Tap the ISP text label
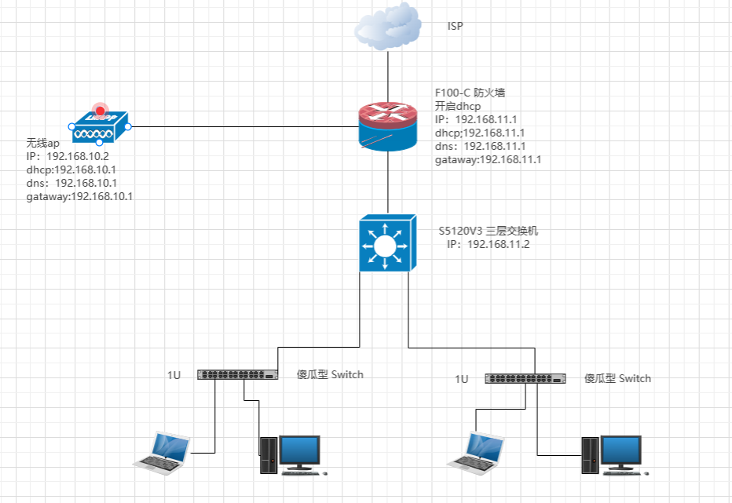pos(455,27)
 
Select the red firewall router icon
pos(388,127)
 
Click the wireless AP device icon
pos(99,128)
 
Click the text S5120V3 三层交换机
pos(489,231)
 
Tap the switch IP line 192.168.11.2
pos(489,245)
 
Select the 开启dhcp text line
pos(458,106)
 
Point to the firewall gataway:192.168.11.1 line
pos(488,159)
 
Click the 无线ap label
pos(43,143)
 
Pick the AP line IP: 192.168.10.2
pos(67,156)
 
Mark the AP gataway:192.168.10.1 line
pos(79,196)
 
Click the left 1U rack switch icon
pos(237,374)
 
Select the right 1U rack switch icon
pos(525,378)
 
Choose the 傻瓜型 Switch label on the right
pos(617,378)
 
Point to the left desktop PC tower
pos(269,455)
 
